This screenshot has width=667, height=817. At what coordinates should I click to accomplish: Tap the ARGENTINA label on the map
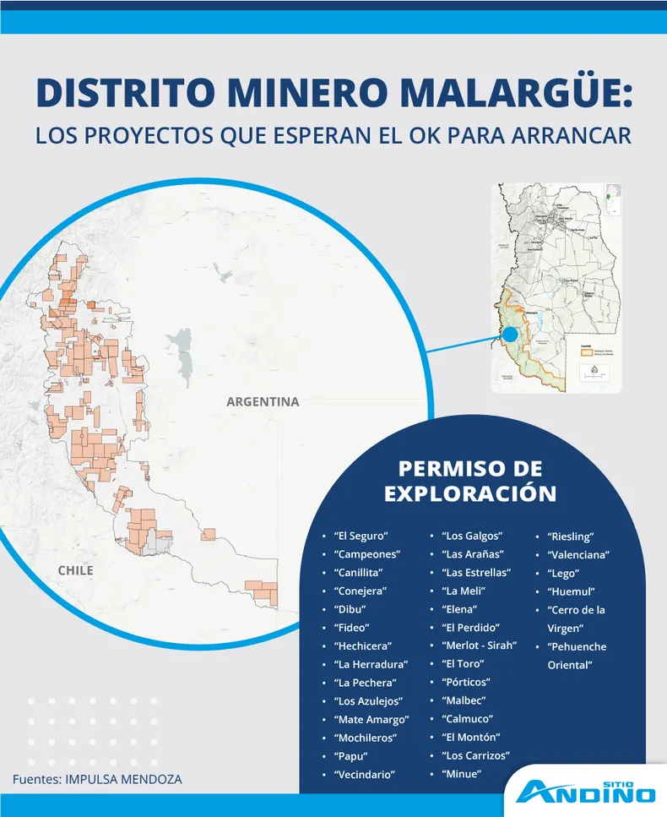[x=263, y=402]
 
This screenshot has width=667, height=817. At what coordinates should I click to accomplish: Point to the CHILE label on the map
[x=75, y=570]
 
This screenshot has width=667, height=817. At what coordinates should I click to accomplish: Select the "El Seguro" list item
[x=361, y=536]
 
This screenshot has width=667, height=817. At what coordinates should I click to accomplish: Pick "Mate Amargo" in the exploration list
[x=371, y=720]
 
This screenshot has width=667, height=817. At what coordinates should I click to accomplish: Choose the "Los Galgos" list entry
[x=472, y=536]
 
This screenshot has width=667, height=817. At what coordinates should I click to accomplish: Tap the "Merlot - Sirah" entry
[x=479, y=645]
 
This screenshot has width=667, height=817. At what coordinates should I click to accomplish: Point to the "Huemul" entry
[x=571, y=591]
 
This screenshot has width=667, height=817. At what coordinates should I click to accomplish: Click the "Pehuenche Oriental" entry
[x=578, y=656]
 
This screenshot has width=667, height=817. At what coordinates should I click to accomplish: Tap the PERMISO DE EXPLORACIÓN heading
[x=470, y=481]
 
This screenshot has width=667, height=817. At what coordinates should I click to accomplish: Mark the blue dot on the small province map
[x=511, y=334]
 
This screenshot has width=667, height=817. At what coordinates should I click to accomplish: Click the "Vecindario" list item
[x=366, y=774]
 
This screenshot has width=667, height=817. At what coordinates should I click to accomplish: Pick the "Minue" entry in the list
[x=461, y=774]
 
